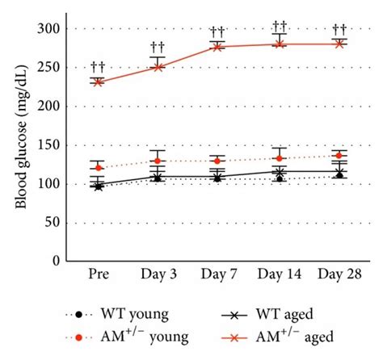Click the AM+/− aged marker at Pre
coord(98,82)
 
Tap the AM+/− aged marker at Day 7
coord(218,47)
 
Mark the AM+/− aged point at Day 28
coord(339,44)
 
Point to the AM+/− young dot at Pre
coord(98,168)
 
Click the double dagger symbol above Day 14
coord(279,25)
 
